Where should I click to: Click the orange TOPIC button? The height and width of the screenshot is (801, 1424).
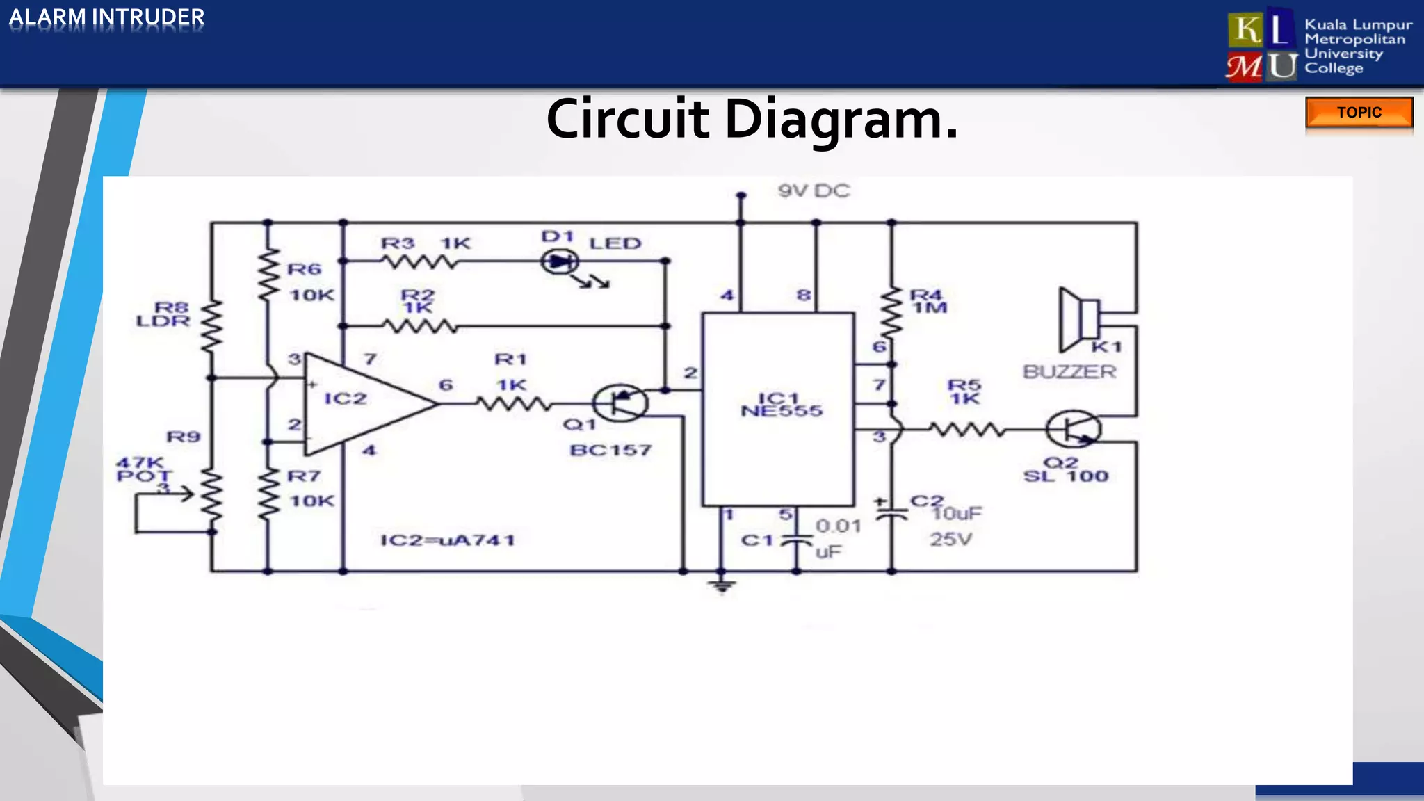(1359, 113)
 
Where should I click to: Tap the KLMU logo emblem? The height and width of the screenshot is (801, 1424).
(1261, 47)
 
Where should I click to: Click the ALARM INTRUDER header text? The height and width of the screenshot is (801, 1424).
(106, 17)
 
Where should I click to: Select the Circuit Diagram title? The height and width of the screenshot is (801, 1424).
(752, 120)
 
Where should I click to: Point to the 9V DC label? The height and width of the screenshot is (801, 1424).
(814, 191)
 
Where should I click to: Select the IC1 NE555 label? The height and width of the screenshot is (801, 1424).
(781, 405)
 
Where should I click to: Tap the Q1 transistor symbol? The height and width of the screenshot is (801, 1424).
(620, 403)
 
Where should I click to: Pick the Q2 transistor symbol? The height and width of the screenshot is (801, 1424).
(1073, 430)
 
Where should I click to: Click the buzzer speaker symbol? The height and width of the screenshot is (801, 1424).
(1078, 319)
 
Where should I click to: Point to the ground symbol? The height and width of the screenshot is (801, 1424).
(722, 585)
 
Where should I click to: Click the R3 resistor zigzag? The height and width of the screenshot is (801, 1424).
(419, 261)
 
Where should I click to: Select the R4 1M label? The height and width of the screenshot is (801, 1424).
(928, 301)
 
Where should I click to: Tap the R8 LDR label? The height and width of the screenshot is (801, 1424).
(164, 314)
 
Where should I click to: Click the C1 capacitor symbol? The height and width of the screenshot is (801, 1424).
(797, 540)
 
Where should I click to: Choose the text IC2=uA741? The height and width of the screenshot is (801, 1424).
(448, 540)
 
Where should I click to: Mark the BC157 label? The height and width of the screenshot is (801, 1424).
(610, 451)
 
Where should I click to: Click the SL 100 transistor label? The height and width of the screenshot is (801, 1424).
(1065, 476)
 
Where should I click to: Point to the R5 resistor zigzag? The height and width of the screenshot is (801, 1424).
(967, 430)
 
